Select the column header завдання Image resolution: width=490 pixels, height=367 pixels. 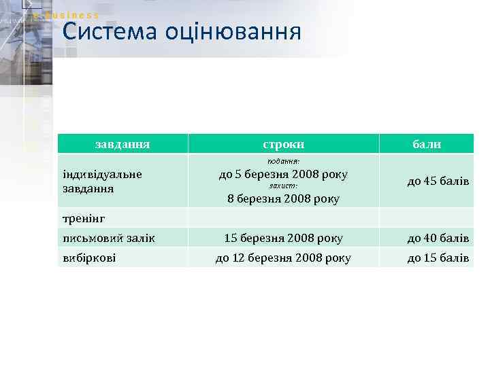[122, 144]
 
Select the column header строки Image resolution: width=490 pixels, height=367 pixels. [283, 144]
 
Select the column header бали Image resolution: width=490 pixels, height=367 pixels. [427, 144]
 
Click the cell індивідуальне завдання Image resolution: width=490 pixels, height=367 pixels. [102, 181]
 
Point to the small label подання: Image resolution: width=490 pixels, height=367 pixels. [283, 161]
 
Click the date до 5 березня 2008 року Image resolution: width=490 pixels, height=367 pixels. [283, 174]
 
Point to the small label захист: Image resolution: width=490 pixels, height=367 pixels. [283, 186]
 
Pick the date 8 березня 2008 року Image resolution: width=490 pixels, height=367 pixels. [283, 198]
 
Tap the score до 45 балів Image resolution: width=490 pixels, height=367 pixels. [438, 181]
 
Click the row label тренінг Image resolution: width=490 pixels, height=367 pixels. [85, 218]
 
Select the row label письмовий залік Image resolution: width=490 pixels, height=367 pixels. [108, 238]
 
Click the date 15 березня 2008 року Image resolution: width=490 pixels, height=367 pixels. [284, 238]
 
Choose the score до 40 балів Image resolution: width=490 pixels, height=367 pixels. [438, 238]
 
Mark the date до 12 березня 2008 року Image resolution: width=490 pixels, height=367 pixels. [283, 258]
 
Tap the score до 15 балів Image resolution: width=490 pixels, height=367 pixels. [438, 258]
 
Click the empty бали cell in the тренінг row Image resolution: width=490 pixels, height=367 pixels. [427, 217]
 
